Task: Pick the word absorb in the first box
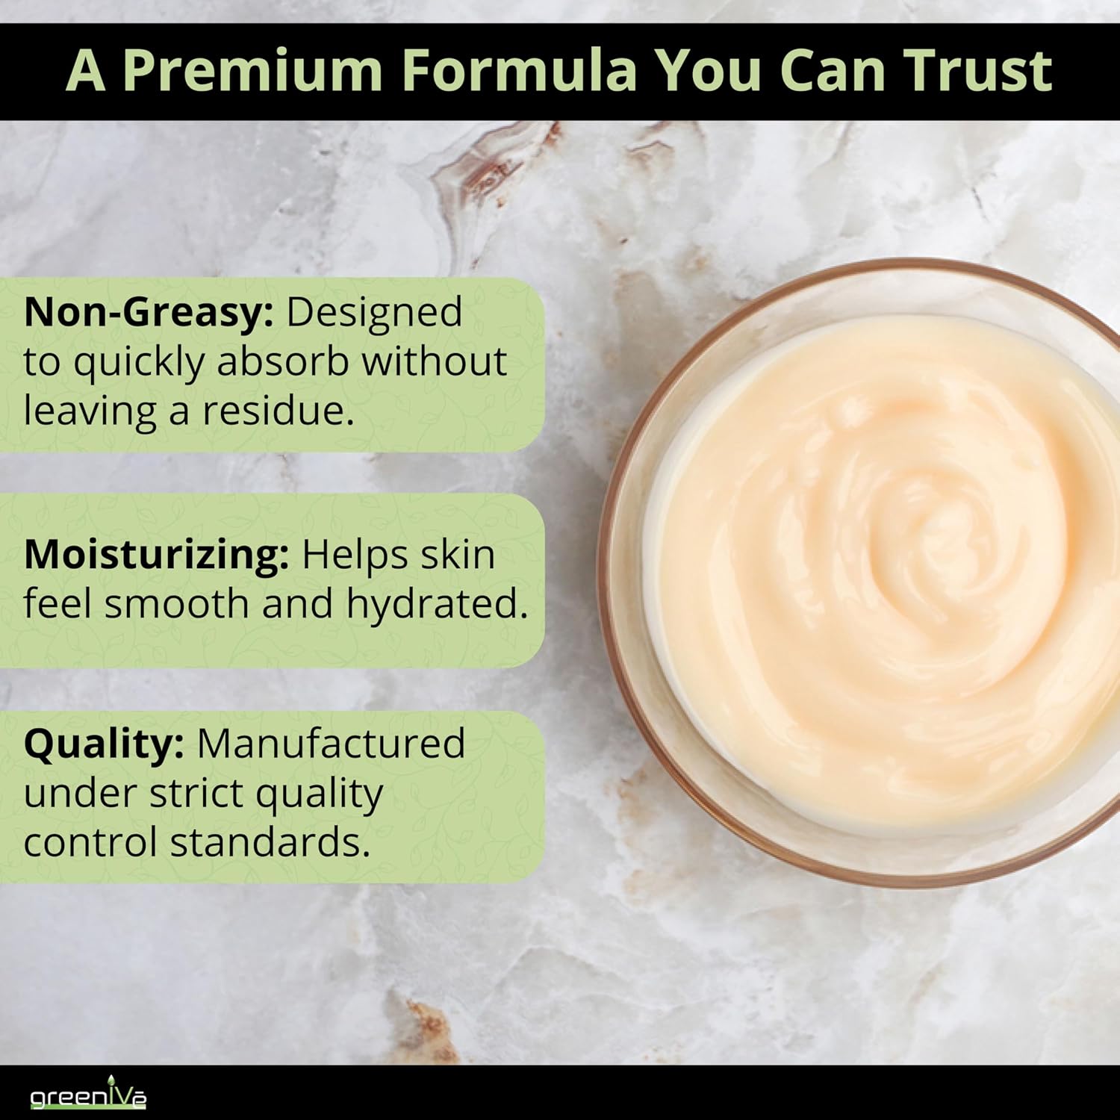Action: point(283,361)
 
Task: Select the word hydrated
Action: point(437,603)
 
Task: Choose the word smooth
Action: point(176,603)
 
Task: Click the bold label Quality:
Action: point(104,745)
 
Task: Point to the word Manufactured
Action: point(331,744)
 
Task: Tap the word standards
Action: point(270,842)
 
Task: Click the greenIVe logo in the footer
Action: point(88,1094)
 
